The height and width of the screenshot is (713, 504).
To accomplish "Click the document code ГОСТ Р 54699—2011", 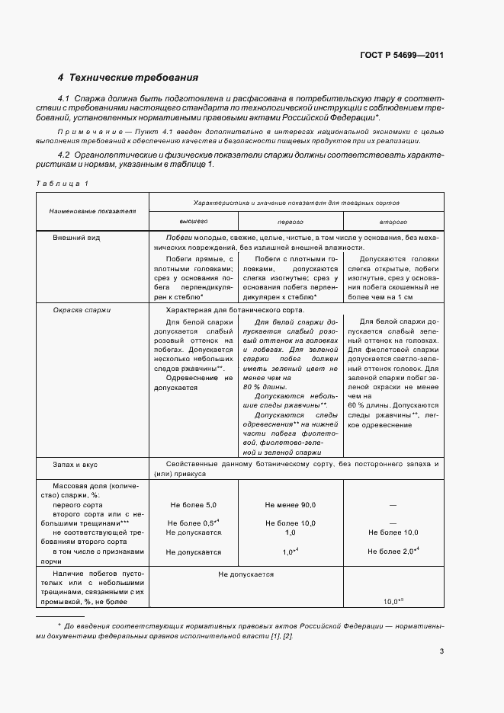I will click(401, 55).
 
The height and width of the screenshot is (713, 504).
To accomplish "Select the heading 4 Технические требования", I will click(128, 78).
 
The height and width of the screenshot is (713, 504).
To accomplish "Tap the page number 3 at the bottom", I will click(441, 651).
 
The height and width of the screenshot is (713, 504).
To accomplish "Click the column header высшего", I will click(193, 221).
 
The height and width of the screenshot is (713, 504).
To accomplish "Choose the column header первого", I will click(290, 221).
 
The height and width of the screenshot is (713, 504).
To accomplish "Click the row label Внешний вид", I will click(76, 238).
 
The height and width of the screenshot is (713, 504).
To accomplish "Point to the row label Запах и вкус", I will click(75, 463).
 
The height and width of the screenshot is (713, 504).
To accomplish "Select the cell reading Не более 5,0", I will click(194, 505).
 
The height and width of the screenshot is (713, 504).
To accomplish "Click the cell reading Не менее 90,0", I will click(290, 505).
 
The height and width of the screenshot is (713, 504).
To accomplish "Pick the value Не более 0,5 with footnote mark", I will click(194, 523).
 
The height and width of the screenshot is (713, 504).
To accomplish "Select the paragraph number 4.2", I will click(64, 155).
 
